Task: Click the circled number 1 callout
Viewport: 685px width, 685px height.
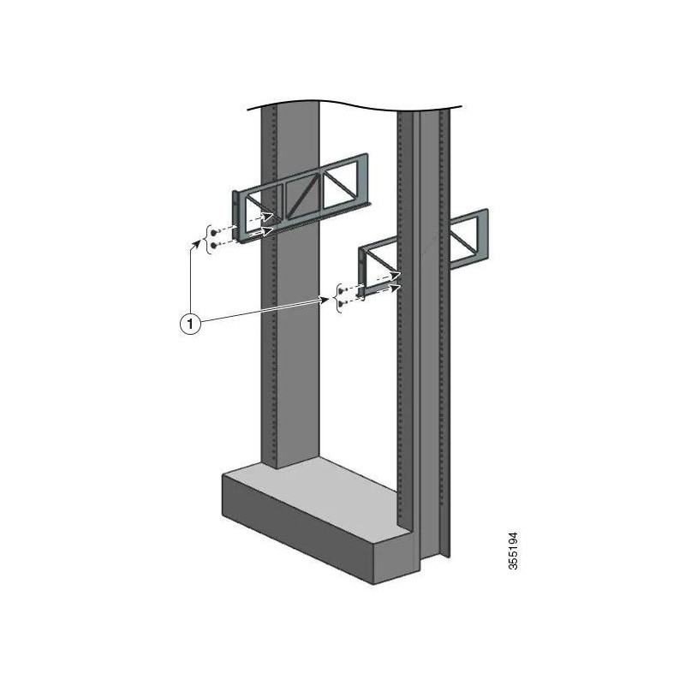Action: point(189,324)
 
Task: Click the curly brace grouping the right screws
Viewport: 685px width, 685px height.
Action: point(337,295)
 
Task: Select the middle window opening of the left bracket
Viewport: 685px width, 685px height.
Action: point(301,196)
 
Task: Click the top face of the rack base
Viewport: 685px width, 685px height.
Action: point(325,488)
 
